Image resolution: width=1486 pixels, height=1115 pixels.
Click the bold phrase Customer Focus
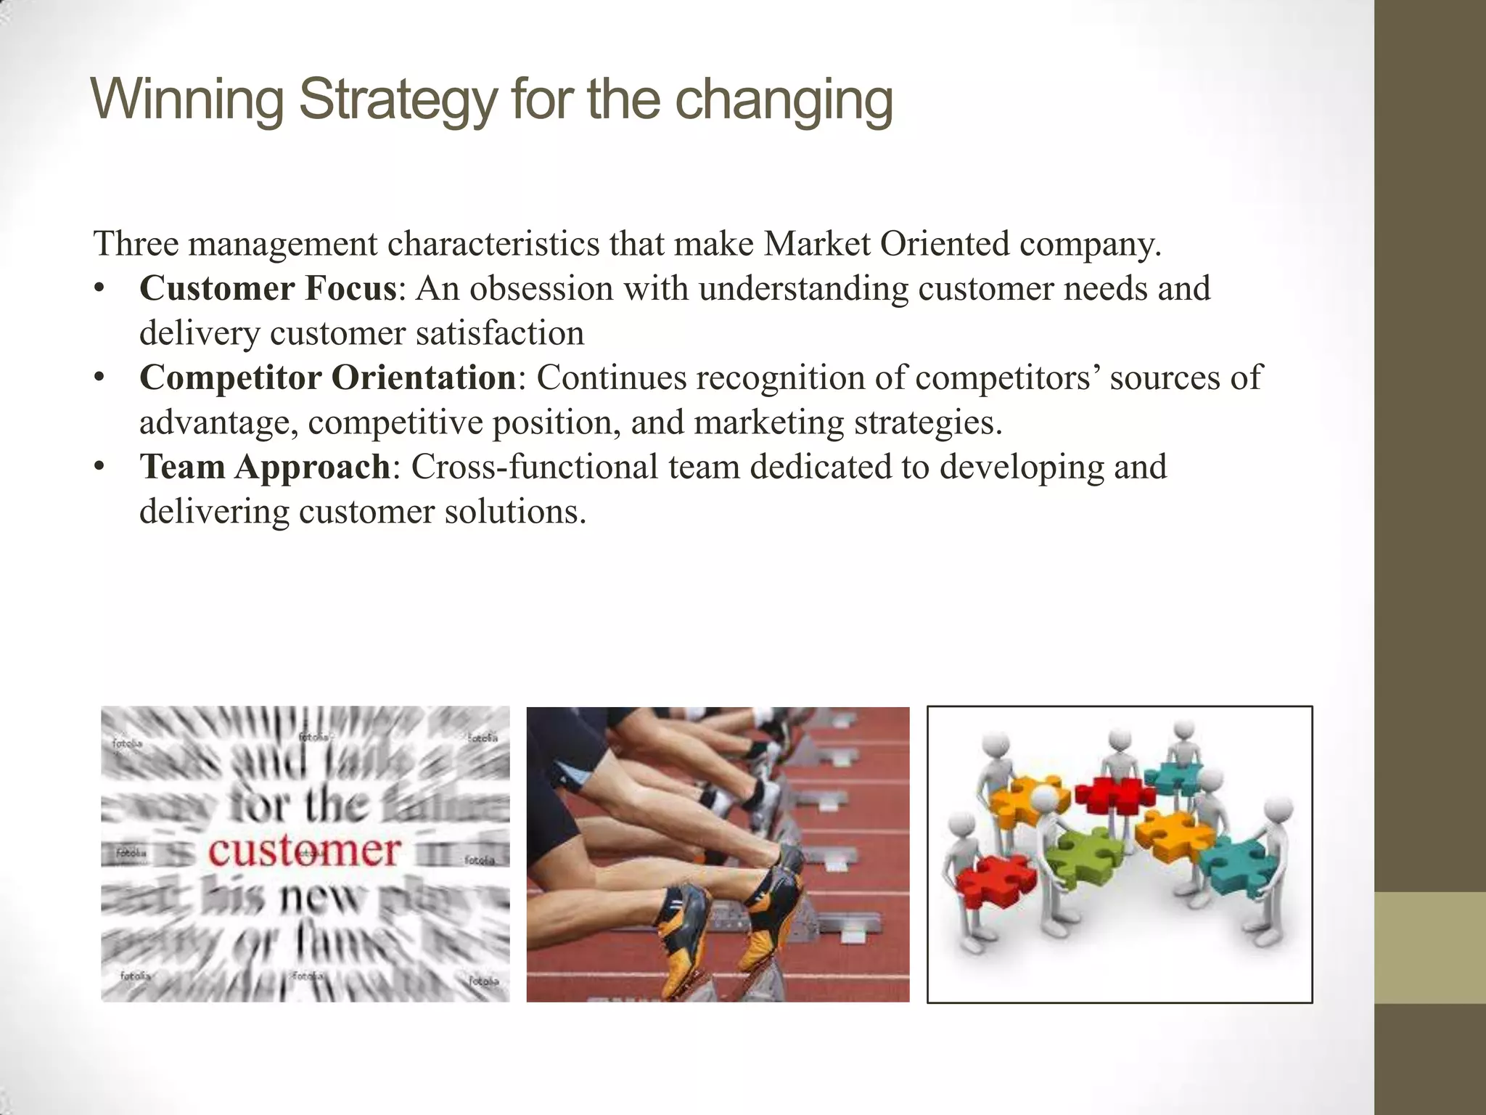pos(268,288)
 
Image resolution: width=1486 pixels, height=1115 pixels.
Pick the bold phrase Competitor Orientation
pos(327,377)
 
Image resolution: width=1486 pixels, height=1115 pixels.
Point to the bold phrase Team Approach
pos(266,467)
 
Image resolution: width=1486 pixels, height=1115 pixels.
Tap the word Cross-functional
pos(534,467)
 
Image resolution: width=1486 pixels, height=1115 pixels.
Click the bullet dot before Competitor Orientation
pos(99,378)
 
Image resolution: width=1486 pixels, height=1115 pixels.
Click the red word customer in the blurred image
pos(304,851)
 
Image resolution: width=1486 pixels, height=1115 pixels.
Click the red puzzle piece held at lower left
pos(996,882)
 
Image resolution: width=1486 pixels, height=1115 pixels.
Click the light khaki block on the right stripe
pos(1429,947)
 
